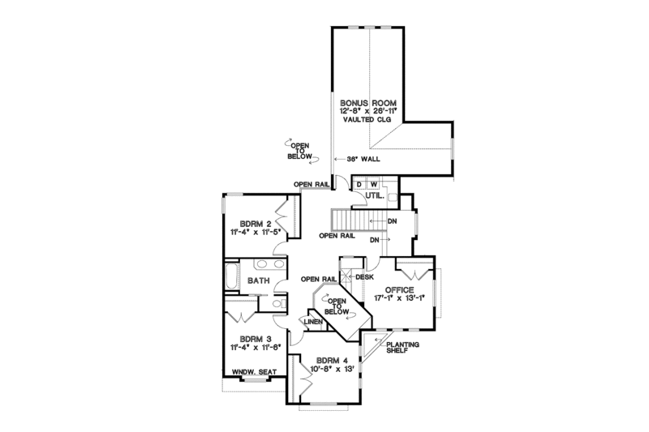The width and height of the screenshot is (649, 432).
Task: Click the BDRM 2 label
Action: (x=254, y=223)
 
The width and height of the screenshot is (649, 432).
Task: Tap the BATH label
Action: (x=258, y=280)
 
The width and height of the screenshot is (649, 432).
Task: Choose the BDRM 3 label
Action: (x=254, y=340)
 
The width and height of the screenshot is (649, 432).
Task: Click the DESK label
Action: (x=363, y=276)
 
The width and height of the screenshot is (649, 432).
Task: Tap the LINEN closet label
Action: (x=314, y=321)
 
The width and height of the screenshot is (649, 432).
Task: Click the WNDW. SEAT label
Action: (x=255, y=372)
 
